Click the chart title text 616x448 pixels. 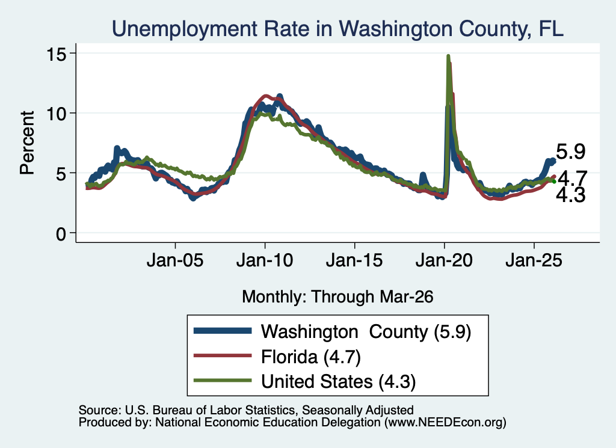point(337,29)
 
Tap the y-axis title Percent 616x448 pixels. point(27,143)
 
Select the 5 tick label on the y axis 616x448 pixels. point(61,174)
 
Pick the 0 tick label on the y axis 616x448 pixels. point(61,234)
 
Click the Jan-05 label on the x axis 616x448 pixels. point(175,260)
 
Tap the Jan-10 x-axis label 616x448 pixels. point(265,260)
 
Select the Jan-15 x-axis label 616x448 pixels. point(354,260)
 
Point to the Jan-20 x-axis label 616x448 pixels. point(444,260)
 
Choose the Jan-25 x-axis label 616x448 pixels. point(534,260)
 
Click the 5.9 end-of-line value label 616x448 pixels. point(571,152)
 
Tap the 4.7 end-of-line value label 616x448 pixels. point(573,178)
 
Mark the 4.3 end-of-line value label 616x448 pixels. point(571,195)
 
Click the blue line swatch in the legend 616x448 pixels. point(223,331)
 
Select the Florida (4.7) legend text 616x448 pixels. point(311,357)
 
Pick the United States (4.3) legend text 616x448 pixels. point(338,382)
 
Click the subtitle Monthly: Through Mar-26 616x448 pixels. point(337,297)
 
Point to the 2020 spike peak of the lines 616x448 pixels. point(448,56)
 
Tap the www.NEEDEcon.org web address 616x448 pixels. point(445,423)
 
